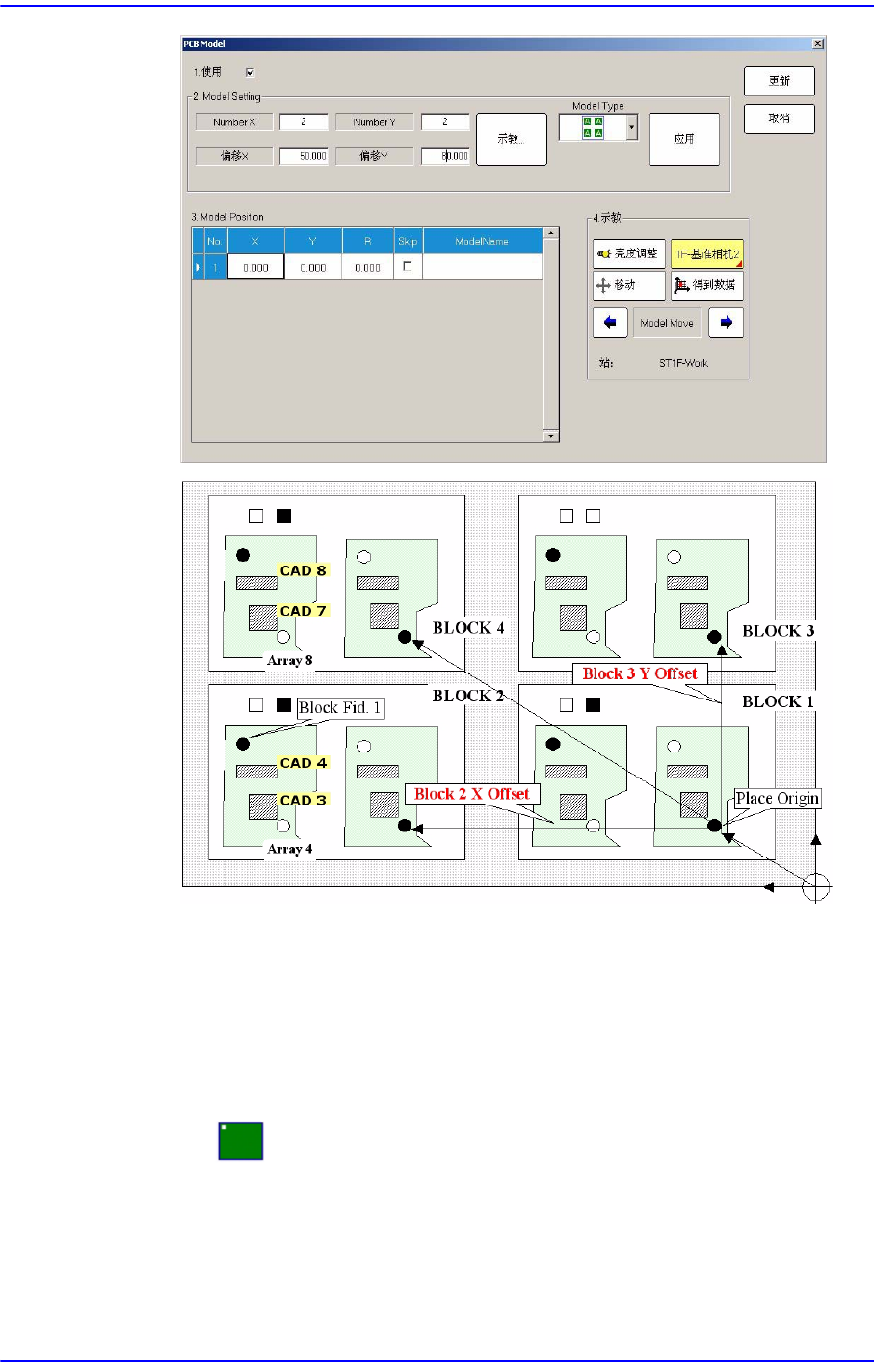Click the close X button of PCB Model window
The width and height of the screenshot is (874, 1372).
818,44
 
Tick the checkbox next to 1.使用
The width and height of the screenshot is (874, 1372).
251,72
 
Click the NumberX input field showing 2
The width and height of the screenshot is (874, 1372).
304,122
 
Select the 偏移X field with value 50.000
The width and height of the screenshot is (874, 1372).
304,156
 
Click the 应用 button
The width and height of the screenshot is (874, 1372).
684,139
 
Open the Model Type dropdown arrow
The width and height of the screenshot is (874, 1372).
632,127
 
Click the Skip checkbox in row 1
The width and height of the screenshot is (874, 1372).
408,267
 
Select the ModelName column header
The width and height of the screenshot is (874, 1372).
482,241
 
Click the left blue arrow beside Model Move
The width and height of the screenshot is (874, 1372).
610,323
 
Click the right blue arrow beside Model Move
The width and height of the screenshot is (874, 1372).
726,323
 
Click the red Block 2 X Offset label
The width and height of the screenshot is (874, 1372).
472,794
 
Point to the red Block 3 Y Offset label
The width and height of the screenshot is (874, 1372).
640,673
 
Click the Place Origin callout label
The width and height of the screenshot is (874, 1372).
777,798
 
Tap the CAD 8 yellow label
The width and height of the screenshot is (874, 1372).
304,570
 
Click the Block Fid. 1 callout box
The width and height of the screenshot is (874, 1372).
340,708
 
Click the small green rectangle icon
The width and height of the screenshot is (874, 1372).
240,1141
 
